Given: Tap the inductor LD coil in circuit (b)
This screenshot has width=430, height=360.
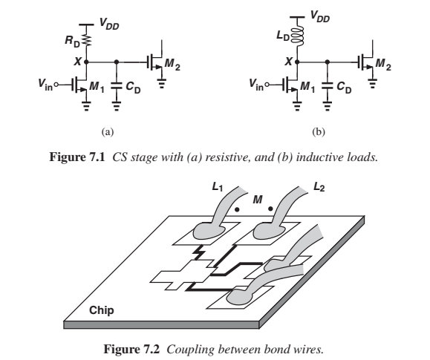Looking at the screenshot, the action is [298, 36].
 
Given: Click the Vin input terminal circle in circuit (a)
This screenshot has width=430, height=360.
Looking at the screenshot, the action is [56, 85].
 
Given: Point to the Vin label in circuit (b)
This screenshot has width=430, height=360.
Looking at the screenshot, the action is [256, 84].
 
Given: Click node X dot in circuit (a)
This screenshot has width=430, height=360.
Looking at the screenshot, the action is [86, 62].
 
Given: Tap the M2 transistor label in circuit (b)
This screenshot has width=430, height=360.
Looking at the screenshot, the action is [383, 65].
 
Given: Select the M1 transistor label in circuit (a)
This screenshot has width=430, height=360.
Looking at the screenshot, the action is [97, 87].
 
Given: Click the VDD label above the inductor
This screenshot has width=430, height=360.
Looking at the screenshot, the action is [320, 16].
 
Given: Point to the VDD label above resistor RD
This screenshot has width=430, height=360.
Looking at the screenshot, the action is [109, 24].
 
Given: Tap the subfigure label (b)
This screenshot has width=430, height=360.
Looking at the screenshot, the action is [319, 132].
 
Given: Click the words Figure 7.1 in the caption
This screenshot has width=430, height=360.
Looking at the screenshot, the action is [77, 157].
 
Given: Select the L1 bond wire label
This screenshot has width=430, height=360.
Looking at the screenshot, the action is [218, 187].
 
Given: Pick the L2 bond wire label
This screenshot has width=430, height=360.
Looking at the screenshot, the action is [319, 187].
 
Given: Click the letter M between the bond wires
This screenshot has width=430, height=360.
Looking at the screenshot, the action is [257, 200].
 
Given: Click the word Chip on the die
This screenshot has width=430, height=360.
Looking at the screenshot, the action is [102, 310].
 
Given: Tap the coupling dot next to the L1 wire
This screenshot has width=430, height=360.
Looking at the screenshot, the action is [237, 210].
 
